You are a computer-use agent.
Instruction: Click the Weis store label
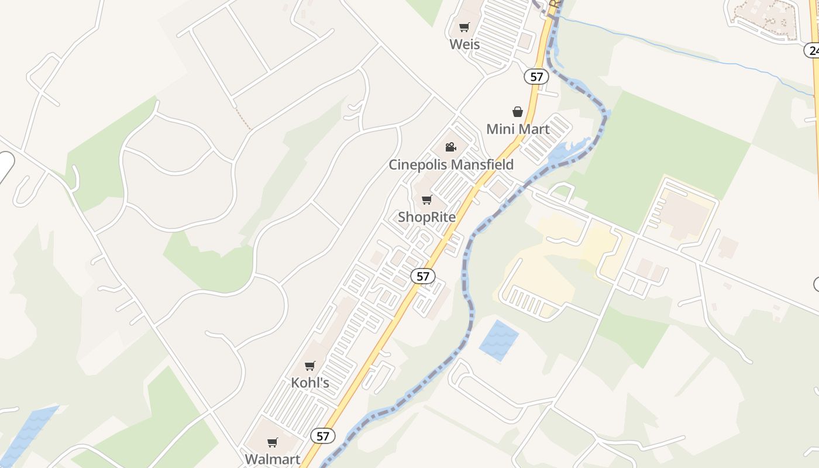tap(464, 44)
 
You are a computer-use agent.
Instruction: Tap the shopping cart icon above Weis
tap(464, 27)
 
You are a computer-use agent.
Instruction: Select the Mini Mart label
tap(518, 129)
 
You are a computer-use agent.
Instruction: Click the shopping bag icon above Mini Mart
tap(518, 112)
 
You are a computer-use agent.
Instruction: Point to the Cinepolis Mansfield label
tap(451, 164)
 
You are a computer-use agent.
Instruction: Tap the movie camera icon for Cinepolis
tap(450, 147)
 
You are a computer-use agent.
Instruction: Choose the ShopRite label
tap(426, 217)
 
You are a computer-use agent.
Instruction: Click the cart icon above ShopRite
tap(427, 200)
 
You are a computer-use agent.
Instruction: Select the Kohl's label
tap(310, 383)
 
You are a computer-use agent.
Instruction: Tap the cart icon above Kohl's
tap(310, 366)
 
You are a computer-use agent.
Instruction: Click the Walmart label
tap(273, 459)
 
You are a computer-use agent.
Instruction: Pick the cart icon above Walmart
tap(273, 442)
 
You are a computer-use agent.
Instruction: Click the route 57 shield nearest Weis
tap(536, 76)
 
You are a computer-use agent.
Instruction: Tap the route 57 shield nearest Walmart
tap(323, 436)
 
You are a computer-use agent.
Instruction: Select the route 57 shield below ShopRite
tap(423, 276)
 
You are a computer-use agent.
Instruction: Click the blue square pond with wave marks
tap(498, 340)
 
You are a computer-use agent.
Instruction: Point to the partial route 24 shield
tap(812, 50)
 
